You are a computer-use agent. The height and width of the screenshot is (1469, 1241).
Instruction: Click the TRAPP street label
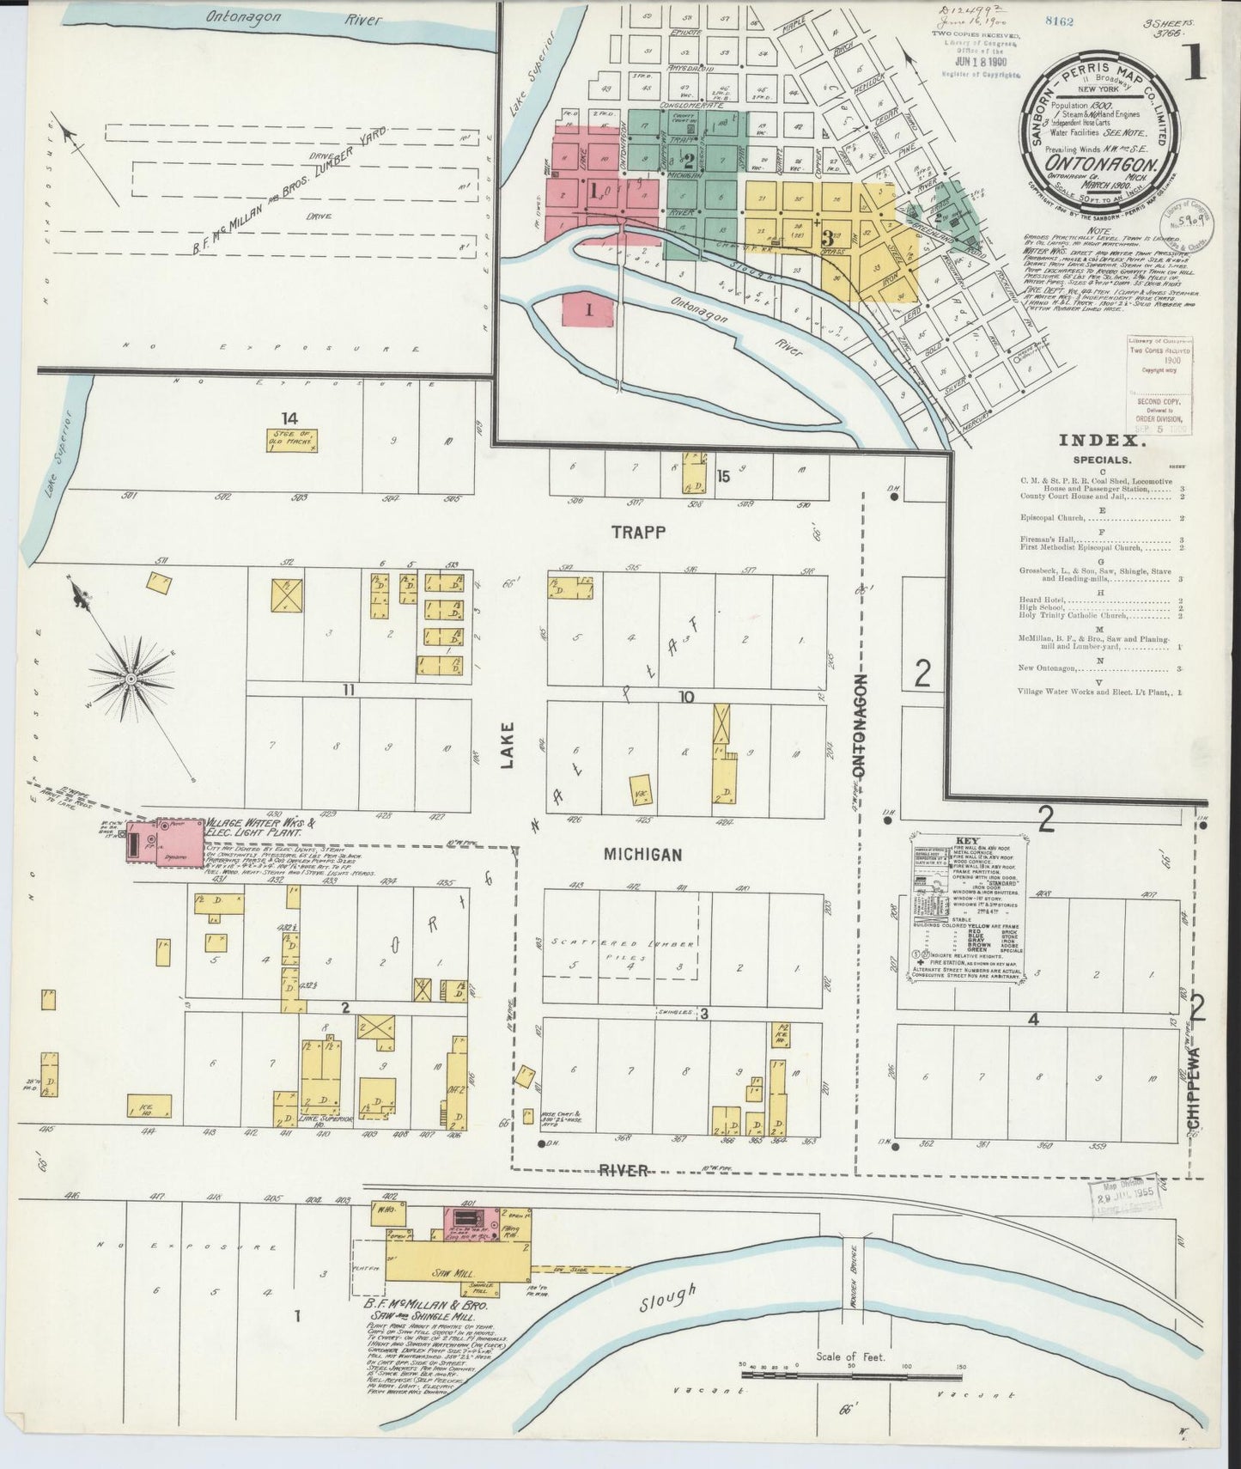click(638, 533)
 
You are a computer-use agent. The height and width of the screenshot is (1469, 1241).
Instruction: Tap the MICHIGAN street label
click(642, 854)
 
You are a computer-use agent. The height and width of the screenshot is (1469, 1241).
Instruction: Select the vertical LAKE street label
click(508, 744)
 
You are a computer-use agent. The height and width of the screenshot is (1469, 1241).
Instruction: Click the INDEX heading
click(1101, 441)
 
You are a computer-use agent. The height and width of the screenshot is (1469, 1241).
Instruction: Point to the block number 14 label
click(289, 418)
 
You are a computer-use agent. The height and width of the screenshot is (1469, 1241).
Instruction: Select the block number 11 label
click(347, 690)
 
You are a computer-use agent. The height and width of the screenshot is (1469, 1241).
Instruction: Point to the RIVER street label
click(624, 1170)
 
